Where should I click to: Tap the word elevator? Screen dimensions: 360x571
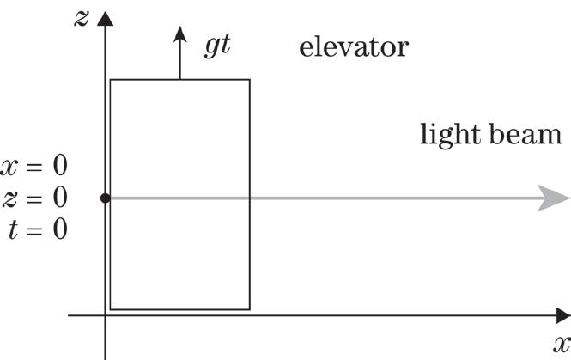[353, 46]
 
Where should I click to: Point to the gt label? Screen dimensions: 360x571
[217, 46]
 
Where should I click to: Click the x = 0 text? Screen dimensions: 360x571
[34, 166]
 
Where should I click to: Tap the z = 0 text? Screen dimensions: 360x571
[34, 198]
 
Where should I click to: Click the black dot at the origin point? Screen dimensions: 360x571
[106, 198]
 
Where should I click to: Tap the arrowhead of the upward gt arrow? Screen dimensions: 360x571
[180, 33]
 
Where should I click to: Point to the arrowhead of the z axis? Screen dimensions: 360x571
[106, 18]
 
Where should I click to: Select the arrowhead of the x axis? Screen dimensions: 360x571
[562, 316]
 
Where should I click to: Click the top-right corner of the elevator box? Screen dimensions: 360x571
[250, 80]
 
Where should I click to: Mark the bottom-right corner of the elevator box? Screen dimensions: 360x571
[250, 309]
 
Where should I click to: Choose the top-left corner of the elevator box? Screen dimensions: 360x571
[111, 80]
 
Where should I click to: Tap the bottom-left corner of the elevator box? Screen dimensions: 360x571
[111, 309]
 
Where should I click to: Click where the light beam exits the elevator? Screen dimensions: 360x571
[250, 198]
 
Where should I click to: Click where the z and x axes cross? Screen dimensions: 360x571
[106, 316]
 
